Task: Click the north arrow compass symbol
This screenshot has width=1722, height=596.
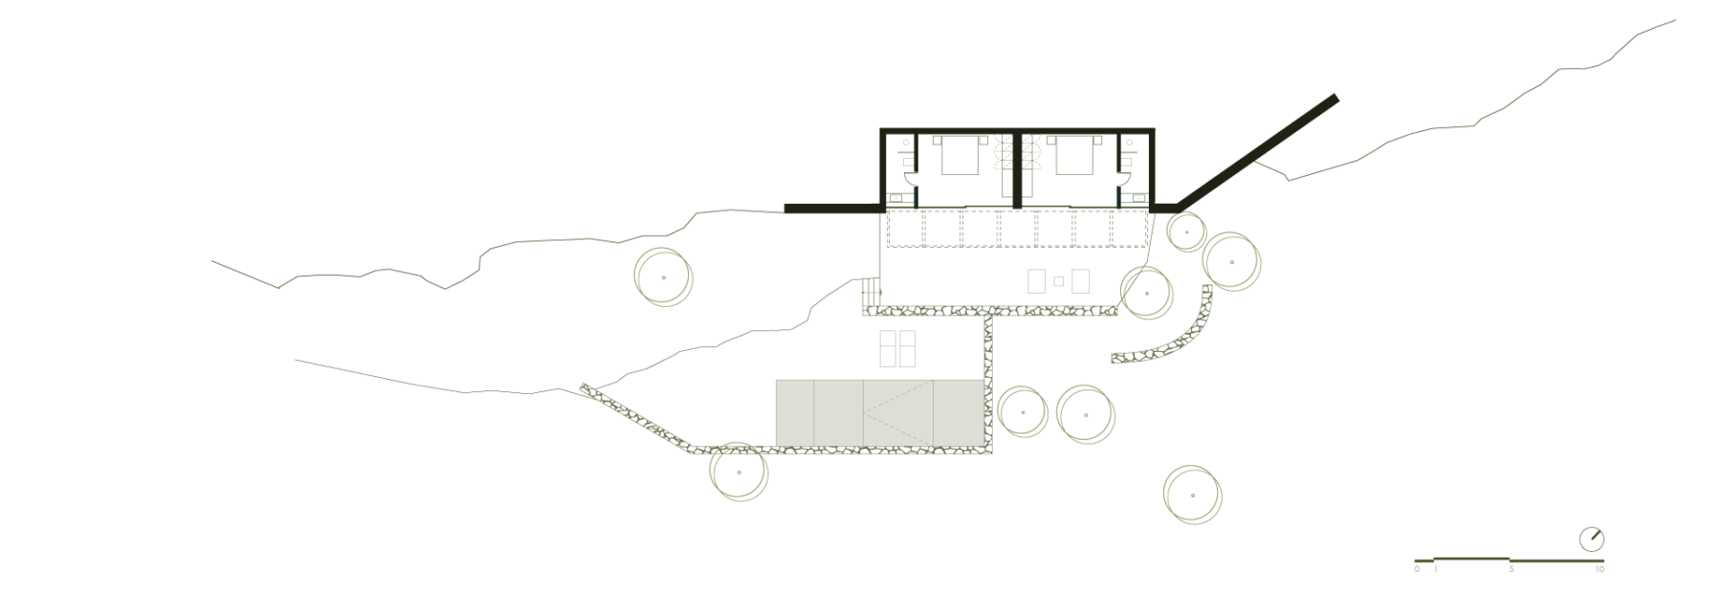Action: pyautogui.click(x=1592, y=539)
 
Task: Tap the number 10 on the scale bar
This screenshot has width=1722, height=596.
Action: pyautogui.click(x=1600, y=569)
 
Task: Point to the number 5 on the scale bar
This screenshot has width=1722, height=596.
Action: pyautogui.click(x=1512, y=569)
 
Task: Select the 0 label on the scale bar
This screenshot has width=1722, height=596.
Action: pyautogui.click(x=1417, y=569)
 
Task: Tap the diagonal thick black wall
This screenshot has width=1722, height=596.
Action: pyautogui.click(x=1256, y=151)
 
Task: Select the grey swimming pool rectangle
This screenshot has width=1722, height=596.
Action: pyautogui.click(x=879, y=412)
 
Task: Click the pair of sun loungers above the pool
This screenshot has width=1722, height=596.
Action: pyautogui.click(x=228, y=349)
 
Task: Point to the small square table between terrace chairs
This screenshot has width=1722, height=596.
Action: pyautogui.click(x=1058, y=281)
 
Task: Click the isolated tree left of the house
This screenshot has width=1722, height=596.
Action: pyautogui.click(x=663, y=277)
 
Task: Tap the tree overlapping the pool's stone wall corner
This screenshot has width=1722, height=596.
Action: pyautogui.click(x=739, y=472)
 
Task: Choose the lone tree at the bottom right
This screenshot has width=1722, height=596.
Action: pyautogui.click(x=1192, y=495)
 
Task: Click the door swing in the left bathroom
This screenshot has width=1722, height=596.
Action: pyautogui.click(x=910, y=178)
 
